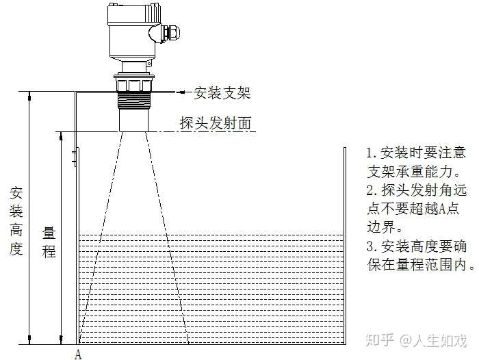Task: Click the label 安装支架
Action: [222, 93]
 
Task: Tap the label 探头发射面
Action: [216, 123]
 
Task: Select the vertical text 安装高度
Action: [16, 220]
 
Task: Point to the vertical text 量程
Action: [49, 242]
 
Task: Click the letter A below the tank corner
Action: [78, 355]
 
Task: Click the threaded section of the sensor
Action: [134, 99]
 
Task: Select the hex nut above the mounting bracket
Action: [134, 83]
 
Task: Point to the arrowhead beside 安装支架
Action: [181, 92]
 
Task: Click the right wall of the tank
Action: [345, 246]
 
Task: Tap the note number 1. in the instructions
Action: [372, 153]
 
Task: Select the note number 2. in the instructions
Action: [372, 190]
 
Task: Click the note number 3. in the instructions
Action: [372, 246]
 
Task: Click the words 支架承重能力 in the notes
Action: [409, 172]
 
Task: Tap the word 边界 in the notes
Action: [380, 227]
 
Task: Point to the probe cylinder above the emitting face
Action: [134, 120]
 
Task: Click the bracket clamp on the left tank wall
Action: [74, 158]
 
